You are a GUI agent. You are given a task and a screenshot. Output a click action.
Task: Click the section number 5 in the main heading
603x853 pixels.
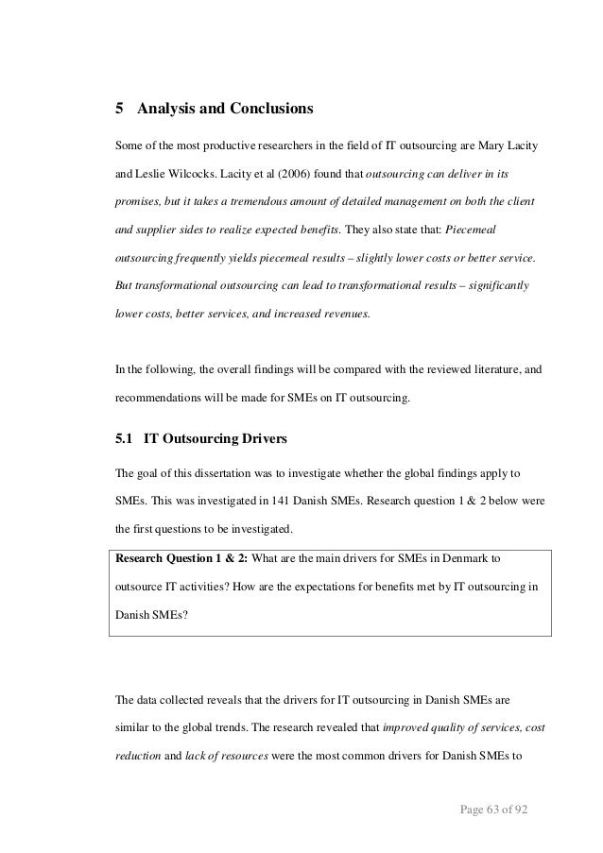(x=118, y=109)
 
